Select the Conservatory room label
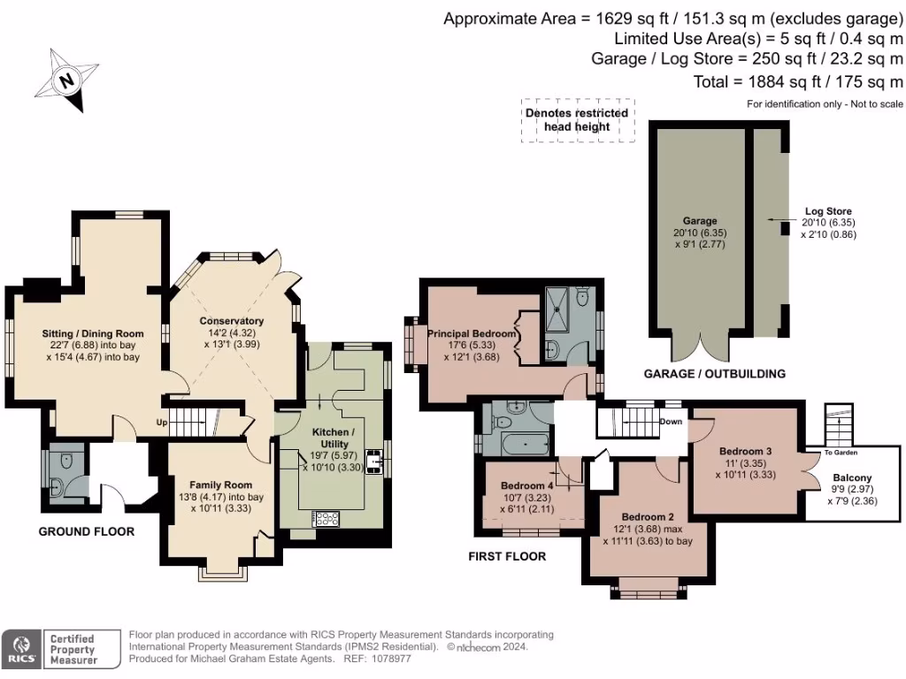coord(232,321)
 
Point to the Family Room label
coord(220,484)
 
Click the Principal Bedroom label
coord(472,333)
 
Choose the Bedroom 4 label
coord(527,486)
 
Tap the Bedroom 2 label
coord(648,516)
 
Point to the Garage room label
coord(699,220)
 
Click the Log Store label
coord(827,211)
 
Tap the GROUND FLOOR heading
coord(87,531)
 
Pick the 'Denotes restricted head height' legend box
coord(577,119)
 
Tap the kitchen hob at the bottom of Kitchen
coord(326,519)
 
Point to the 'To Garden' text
coord(841,452)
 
